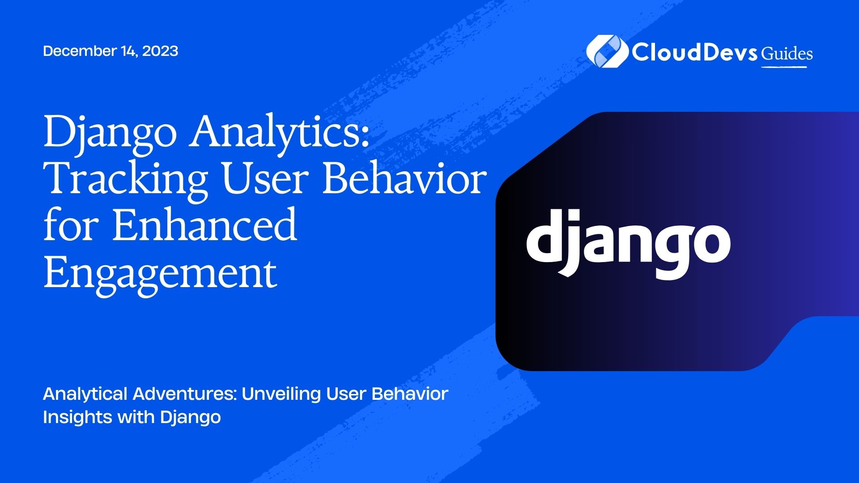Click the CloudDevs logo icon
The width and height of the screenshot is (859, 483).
(x=607, y=51)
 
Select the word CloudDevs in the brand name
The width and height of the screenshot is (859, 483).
(x=694, y=52)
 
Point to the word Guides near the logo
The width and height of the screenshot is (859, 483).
(x=787, y=54)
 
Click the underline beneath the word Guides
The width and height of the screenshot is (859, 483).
(x=784, y=67)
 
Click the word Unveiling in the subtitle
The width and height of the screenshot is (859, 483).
(x=281, y=394)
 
